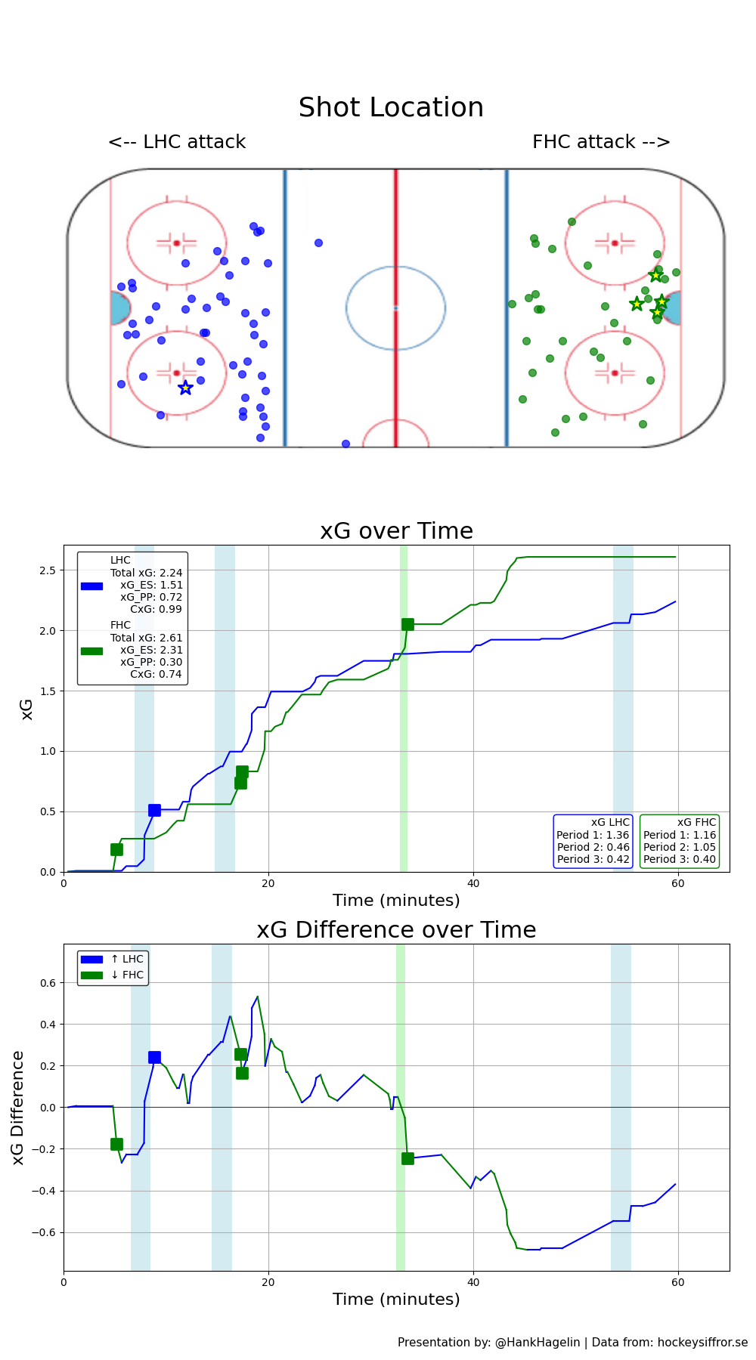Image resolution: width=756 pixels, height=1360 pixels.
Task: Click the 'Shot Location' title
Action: [391, 108]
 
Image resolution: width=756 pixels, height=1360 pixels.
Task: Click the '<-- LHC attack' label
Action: [177, 142]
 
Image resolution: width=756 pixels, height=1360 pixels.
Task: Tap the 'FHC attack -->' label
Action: [601, 142]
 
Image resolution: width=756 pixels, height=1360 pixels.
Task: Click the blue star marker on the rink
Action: [185, 388]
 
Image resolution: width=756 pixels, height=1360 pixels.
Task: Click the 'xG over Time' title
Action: [396, 531]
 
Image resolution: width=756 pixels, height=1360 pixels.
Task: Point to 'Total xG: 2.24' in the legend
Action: [146, 573]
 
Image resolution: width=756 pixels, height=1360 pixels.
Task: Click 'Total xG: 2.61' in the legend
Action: [146, 638]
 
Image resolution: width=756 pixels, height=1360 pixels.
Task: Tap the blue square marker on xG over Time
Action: [154, 811]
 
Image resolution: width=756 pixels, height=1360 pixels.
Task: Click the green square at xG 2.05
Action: [407, 624]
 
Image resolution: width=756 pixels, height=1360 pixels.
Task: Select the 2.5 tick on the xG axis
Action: [47, 570]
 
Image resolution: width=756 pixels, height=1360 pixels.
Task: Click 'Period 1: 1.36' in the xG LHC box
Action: [593, 835]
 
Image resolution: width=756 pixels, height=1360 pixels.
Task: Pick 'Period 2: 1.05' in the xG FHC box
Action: [679, 847]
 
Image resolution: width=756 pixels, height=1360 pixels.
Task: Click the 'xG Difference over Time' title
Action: [396, 930]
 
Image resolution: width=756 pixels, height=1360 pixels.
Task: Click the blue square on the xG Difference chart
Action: [154, 1058]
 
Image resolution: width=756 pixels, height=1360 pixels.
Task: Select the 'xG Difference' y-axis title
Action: [18, 1108]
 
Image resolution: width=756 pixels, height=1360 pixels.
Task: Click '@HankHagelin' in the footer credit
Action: [538, 1343]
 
